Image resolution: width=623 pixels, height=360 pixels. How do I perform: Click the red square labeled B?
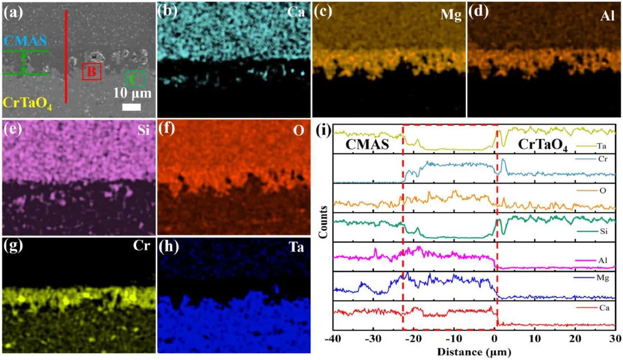tap(91, 72)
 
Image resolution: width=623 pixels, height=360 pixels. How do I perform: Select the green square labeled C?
tap(136, 78)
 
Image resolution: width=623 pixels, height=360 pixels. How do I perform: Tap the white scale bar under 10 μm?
tap(132, 107)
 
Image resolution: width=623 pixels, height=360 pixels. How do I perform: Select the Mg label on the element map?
tap(449, 15)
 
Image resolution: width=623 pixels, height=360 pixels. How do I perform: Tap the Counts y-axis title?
tap(326, 222)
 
